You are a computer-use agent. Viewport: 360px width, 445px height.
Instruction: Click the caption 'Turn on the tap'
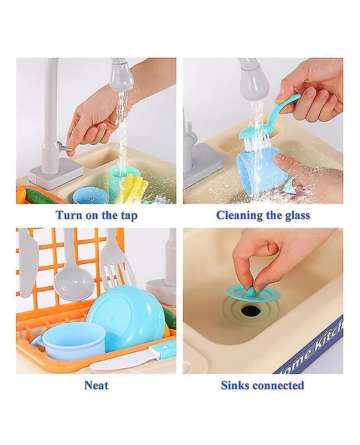tap(96, 216)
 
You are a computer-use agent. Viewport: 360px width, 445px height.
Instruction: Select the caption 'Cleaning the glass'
tap(263, 216)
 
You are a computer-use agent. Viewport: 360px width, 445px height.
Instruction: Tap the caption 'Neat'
tap(96, 386)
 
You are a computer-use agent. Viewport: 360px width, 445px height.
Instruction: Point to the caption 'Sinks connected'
tap(262, 386)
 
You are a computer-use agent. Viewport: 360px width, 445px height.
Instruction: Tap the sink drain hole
tap(251, 310)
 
